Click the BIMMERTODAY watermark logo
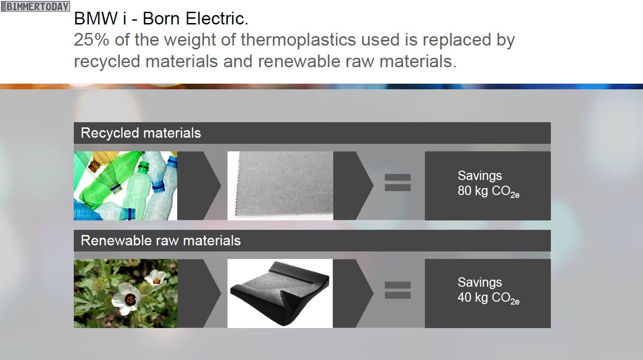(35, 6)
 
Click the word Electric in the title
(216, 19)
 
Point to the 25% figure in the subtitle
(92, 39)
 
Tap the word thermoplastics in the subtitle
(298, 40)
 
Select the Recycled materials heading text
(141, 133)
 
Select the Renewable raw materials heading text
(161, 241)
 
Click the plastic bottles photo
(125, 186)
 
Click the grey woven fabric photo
(280, 186)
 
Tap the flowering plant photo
(125, 293)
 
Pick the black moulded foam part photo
(280, 293)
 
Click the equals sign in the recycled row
(398, 182)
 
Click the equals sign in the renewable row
(398, 290)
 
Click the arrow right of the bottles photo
(199, 186)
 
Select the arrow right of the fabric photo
(353, 186)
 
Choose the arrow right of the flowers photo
(199, 293)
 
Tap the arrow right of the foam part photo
(353, 293)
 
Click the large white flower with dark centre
(126, 298)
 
